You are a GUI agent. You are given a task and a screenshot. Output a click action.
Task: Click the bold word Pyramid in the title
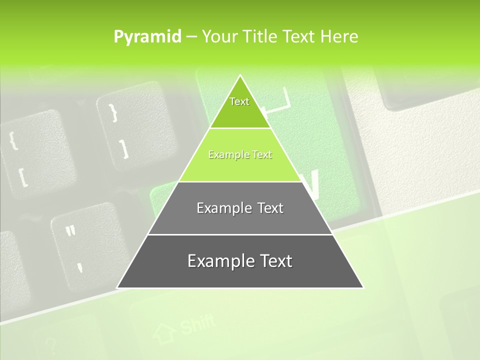[147, 36]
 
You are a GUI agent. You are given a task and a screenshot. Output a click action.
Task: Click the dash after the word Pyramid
[191, 37]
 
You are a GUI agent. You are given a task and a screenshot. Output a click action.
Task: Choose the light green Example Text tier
[240, 155]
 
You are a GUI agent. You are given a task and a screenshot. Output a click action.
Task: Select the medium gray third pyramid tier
[240, 208]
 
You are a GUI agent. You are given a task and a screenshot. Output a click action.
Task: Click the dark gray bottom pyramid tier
[240, 261]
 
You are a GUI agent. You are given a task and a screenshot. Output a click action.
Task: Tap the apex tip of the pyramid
[240, 76]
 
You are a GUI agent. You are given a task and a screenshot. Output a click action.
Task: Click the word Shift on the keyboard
[197, 324]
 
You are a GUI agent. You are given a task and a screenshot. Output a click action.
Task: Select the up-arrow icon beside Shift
[164, 333]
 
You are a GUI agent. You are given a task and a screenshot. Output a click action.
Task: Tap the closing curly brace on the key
[112, 111]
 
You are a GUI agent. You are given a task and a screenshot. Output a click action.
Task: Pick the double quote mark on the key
[70, 231]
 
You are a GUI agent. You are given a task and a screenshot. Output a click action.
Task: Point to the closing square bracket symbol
[123, 148]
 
